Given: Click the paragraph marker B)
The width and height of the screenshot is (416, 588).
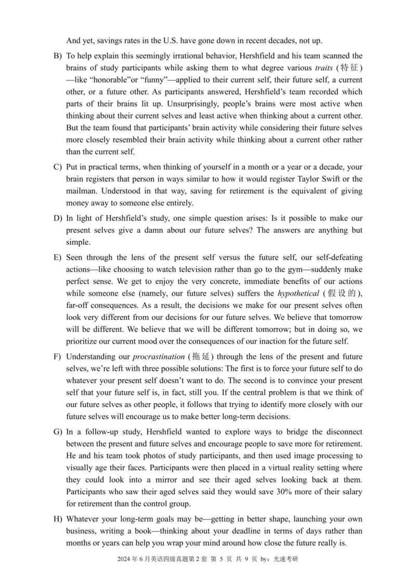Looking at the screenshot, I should tap(57, 56).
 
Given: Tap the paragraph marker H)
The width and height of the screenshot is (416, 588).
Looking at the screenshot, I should tap(57, 519).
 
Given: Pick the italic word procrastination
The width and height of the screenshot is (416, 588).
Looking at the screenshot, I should tap(159, 357).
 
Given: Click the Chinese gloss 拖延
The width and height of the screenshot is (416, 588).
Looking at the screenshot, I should tap(201, 357).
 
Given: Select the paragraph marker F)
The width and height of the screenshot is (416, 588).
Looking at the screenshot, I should tap(57, 357).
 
